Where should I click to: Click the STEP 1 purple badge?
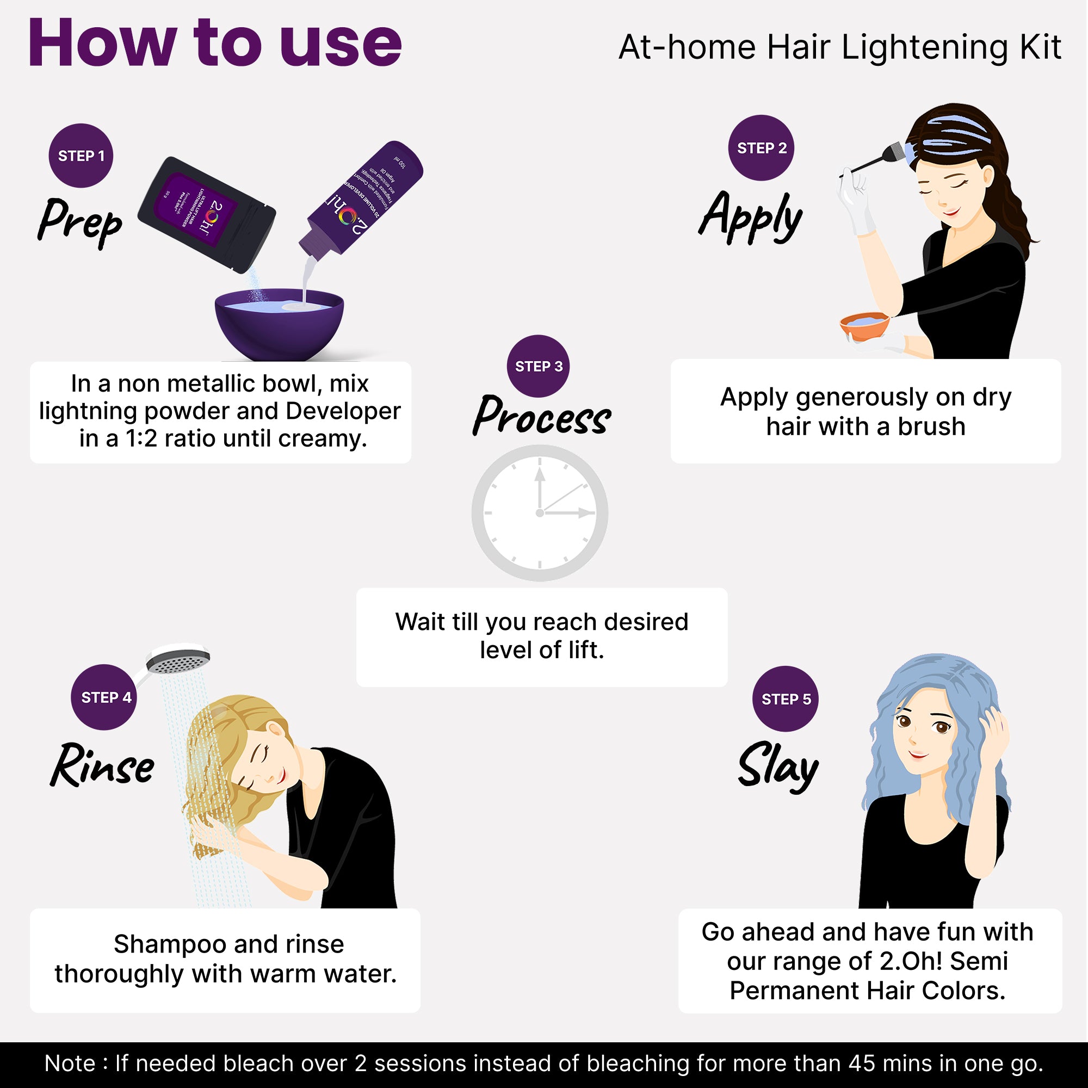click(81, 156)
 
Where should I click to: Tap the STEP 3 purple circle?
click(539, 366)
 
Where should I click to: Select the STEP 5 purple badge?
click(786, 699)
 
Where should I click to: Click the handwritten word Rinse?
click(102, 766)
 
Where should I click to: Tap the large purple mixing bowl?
click(279, 326)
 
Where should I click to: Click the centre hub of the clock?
click(540, 513)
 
